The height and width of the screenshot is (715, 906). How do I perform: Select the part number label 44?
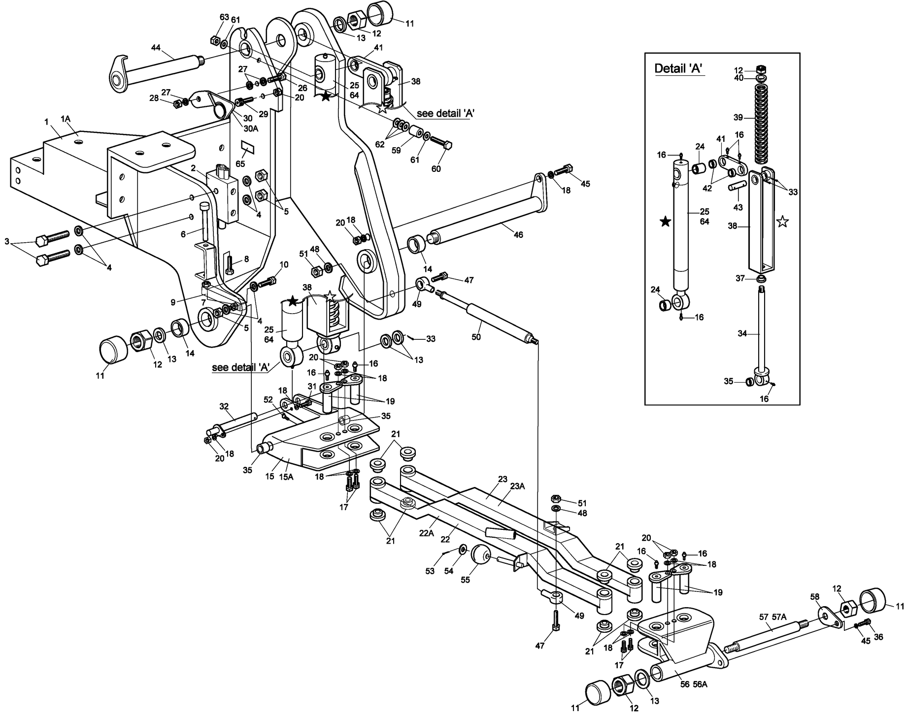tap(156, 48)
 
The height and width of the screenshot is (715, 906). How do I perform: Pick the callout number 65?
tap(240, 163)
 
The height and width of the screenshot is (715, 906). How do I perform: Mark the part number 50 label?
tap(476, 337)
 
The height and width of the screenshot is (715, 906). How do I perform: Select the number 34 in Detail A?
tap(742, 334)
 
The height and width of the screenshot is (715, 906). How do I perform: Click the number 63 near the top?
tap(224, 17)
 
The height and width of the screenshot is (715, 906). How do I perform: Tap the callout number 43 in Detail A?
tap(738, 207)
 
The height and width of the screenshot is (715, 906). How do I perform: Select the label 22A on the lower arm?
tap(427, 533)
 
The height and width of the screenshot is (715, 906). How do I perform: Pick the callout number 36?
tap(878, 637)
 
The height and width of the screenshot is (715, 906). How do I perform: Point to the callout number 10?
tap(284, 265)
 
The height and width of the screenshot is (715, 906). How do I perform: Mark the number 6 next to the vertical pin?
tap(183, 234)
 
